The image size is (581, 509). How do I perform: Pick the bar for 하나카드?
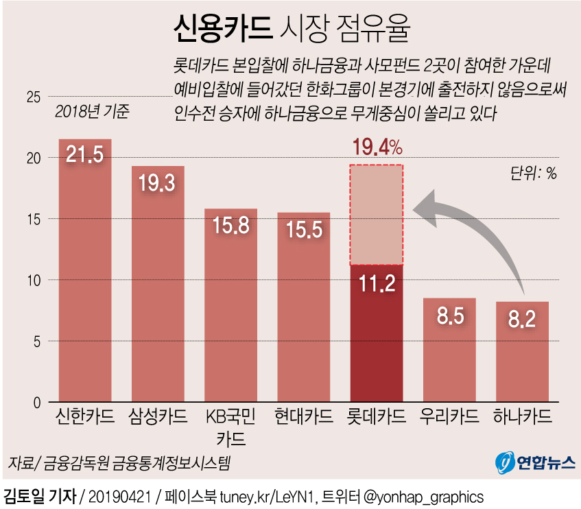522,357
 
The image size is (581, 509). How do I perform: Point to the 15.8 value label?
230,225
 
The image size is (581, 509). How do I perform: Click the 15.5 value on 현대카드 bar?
303,229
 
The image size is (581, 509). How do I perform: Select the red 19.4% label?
376,147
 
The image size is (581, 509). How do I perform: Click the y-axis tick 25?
33,97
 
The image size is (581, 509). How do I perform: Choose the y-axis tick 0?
37,402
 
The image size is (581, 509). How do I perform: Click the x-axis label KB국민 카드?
230,427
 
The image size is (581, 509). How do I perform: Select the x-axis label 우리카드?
449,416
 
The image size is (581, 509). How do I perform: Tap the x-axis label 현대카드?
303,416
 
